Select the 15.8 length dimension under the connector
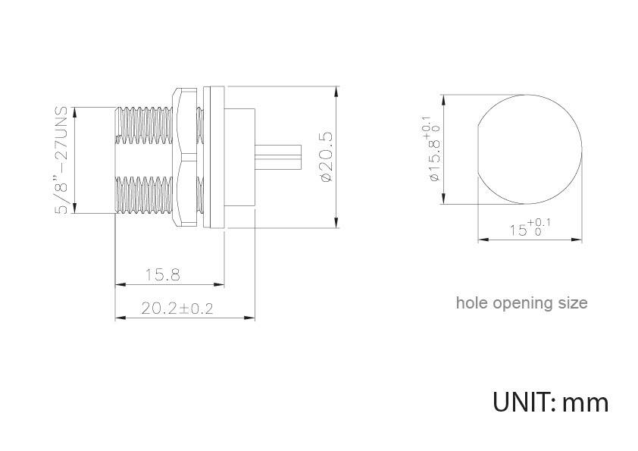163,274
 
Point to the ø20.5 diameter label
327,156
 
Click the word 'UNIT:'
524,401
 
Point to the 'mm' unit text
586,402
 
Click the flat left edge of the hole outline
477,149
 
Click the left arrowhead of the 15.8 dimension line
118,285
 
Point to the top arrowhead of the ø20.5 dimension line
336,90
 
